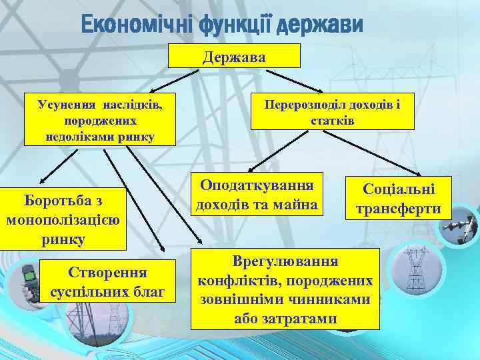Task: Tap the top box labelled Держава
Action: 234,57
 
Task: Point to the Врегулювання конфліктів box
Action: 285,289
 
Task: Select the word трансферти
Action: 398,209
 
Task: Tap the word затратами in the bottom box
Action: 285,319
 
